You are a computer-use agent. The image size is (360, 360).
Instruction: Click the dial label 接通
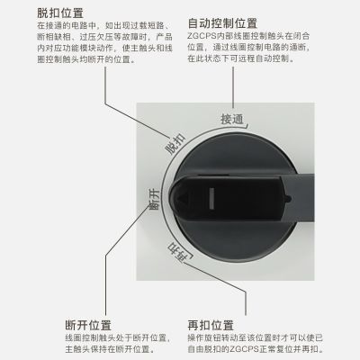point(232,118)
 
